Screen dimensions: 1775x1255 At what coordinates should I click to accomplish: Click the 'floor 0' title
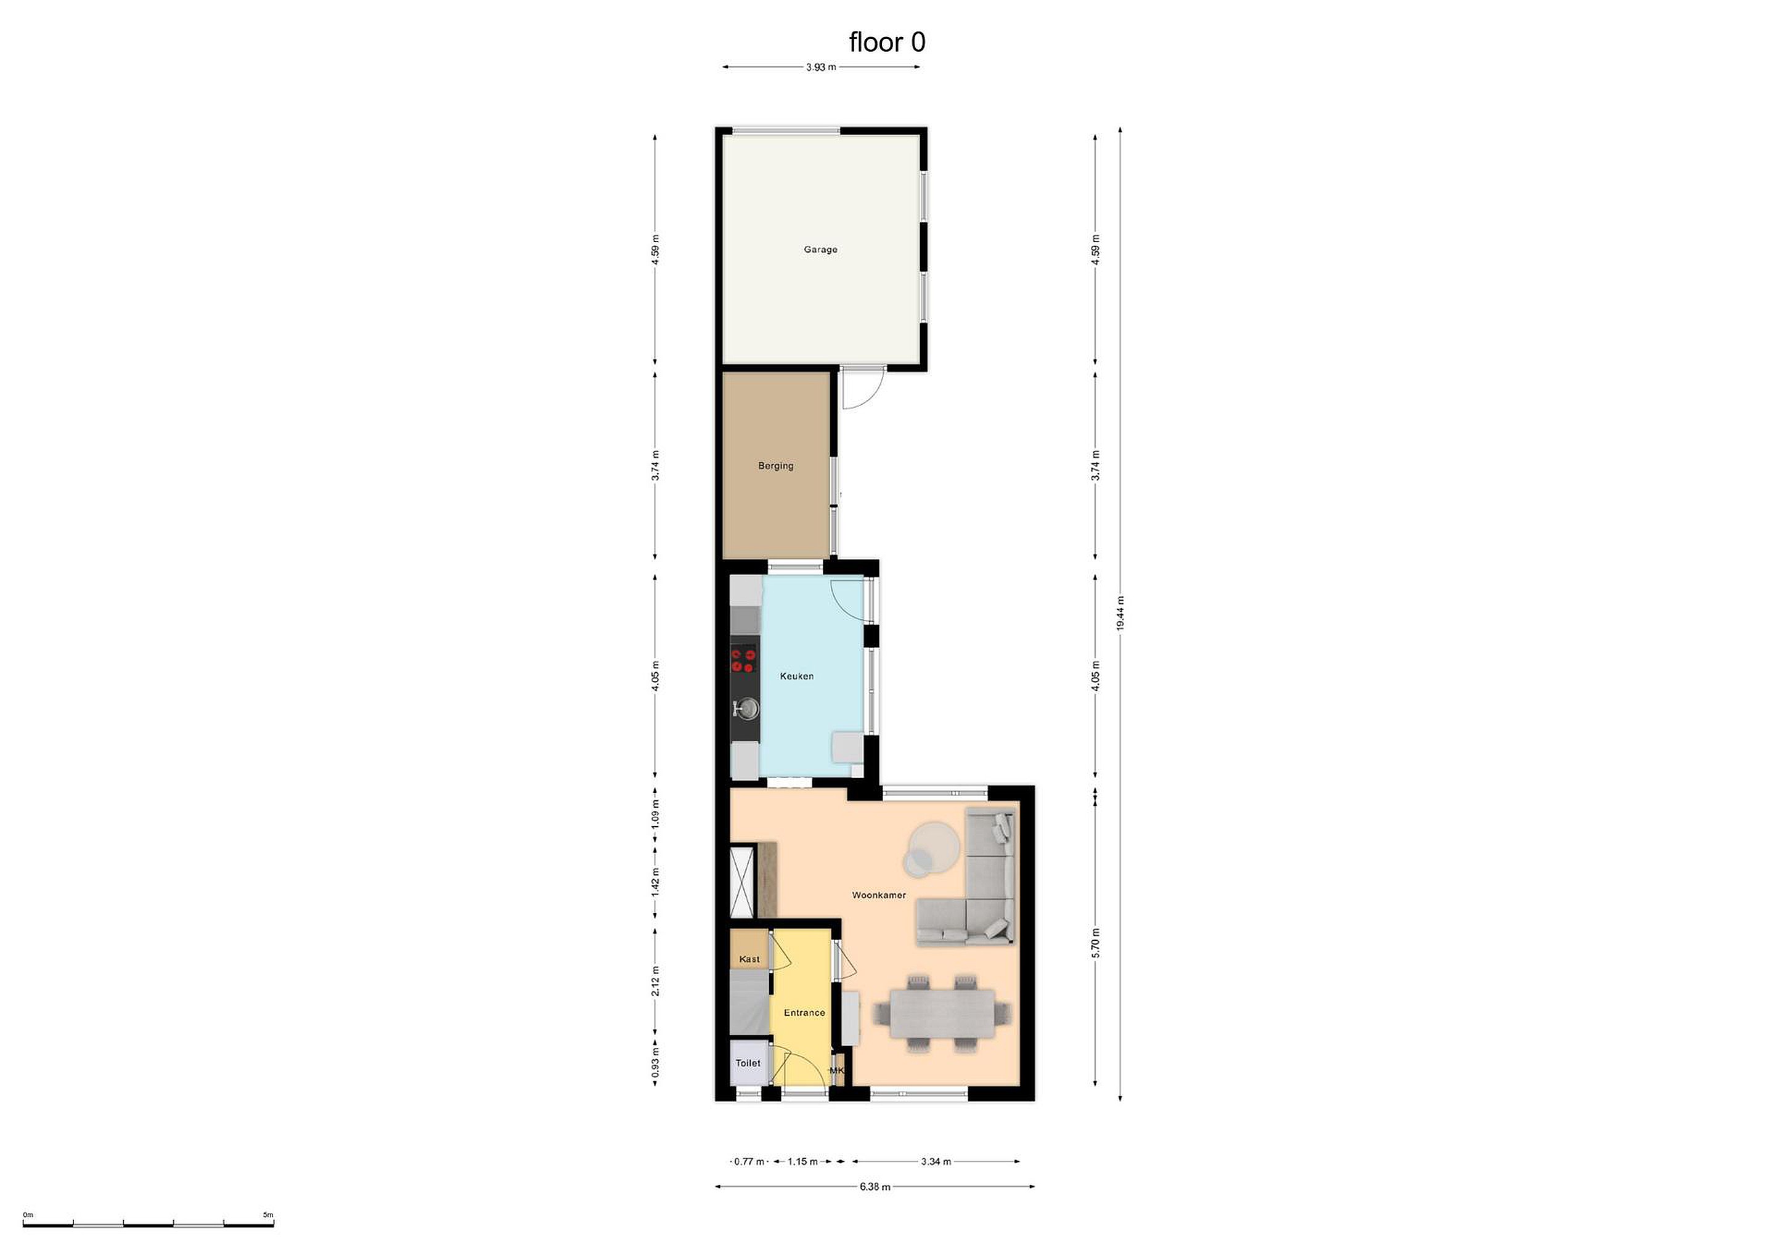887,42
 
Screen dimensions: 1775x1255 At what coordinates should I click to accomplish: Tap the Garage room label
820,250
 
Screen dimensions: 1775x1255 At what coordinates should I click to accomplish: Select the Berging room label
775,466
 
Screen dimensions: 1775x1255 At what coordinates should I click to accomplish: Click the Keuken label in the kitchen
796,676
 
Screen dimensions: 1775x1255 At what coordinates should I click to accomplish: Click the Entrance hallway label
804,1013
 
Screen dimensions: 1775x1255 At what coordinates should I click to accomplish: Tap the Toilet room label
748,1063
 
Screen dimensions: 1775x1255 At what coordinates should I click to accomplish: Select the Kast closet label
749,959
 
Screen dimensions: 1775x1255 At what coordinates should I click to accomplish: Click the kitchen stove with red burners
745,660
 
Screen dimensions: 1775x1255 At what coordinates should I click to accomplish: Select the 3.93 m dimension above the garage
821,67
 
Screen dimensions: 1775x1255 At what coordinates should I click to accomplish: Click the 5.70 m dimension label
1095,943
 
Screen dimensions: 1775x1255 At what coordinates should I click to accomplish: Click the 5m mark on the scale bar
268,1215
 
